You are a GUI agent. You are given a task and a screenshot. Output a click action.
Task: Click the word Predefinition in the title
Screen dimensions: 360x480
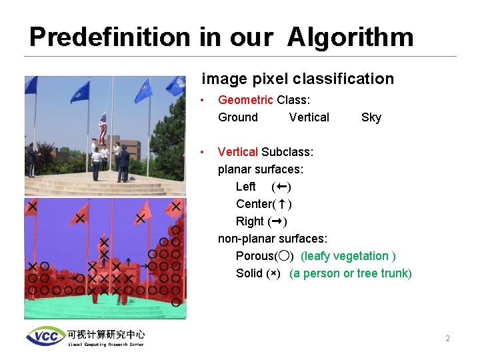coord(110,37)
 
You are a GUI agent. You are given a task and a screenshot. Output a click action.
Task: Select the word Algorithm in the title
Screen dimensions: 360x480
coord(351,37)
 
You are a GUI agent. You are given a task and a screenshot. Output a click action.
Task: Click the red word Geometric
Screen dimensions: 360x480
coord(245,100)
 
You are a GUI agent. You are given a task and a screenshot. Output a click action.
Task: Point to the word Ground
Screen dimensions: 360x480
coord(238,117)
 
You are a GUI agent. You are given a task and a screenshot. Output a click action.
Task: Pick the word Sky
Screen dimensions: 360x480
coord(371,117)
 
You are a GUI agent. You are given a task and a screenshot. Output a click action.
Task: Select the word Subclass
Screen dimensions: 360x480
coord(287,152)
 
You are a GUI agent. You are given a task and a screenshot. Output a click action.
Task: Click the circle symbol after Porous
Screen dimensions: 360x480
coord(284,256)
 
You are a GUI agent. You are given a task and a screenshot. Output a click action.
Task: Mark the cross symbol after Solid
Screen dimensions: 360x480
coord(273,274)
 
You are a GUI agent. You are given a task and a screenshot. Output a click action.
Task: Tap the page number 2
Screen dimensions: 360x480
coord(447,339)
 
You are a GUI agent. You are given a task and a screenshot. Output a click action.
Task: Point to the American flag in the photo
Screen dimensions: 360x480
coord(103,128)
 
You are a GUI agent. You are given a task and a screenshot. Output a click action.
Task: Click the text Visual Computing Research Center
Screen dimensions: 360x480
coord(105,344)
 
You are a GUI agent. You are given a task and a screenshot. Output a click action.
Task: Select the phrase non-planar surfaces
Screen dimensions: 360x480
coord(273,239)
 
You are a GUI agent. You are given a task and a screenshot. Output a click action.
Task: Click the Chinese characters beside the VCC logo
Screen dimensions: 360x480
coord(105,333)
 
